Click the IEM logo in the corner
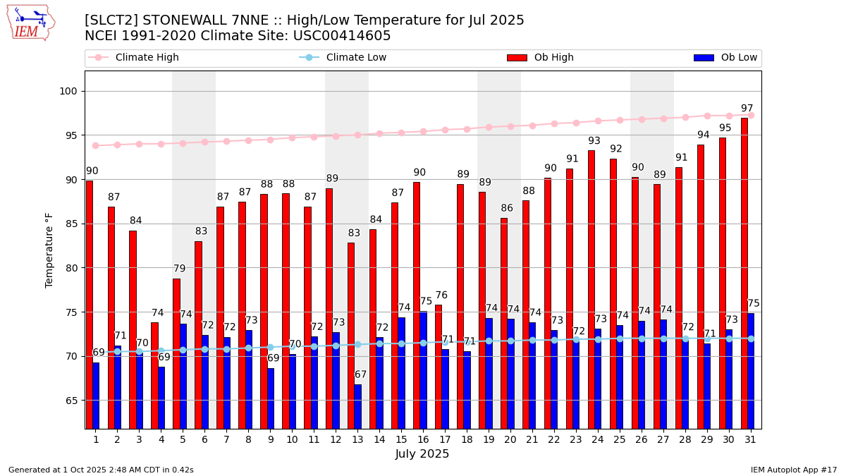pyautogui.click(x=31, y=23)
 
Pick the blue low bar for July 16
pyautogui.click(x=423, y=370)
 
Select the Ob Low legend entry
pyautogui.click(x=725, y=58)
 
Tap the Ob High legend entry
pyautogui.click(x=540, y=58)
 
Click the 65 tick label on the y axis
pyautogui.click(x=73, y=401)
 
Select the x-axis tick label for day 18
pyautogui.click(x=467, y=439)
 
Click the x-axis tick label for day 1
pyautogui.click(x=96, y=439)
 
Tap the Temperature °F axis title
pyautogui.click(x=49, y=250)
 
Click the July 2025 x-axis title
pyautogui.click(x=422, y=454)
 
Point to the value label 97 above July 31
pyautogui.click(x=747, y=109)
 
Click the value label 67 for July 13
pyautogui.click(x=360, y=374)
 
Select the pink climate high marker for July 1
pyautogui.click(x=96, y=145)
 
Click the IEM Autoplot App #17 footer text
pyautogui.click(x=793, y=470)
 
